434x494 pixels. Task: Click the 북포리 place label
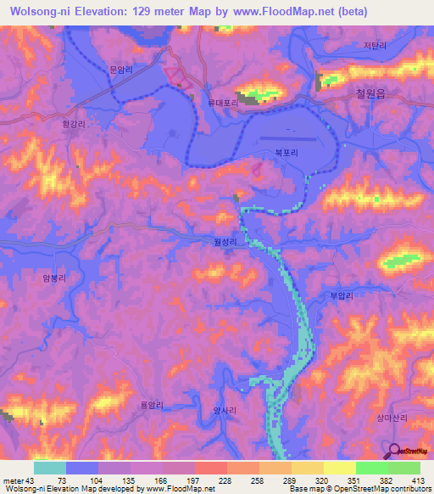pyautogui.click(x=286, y=154)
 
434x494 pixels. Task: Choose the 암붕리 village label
pyautogui.click(x=53, y=278)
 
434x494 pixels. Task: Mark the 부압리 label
pyautogui.click(x=339, y=295)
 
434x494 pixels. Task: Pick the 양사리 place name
pyautogui.click(x=222, y=409)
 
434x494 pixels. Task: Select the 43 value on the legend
pyautogui.click(x=32, y=480)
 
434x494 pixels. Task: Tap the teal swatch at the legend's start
pyautogui.click(x=50, y=468)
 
